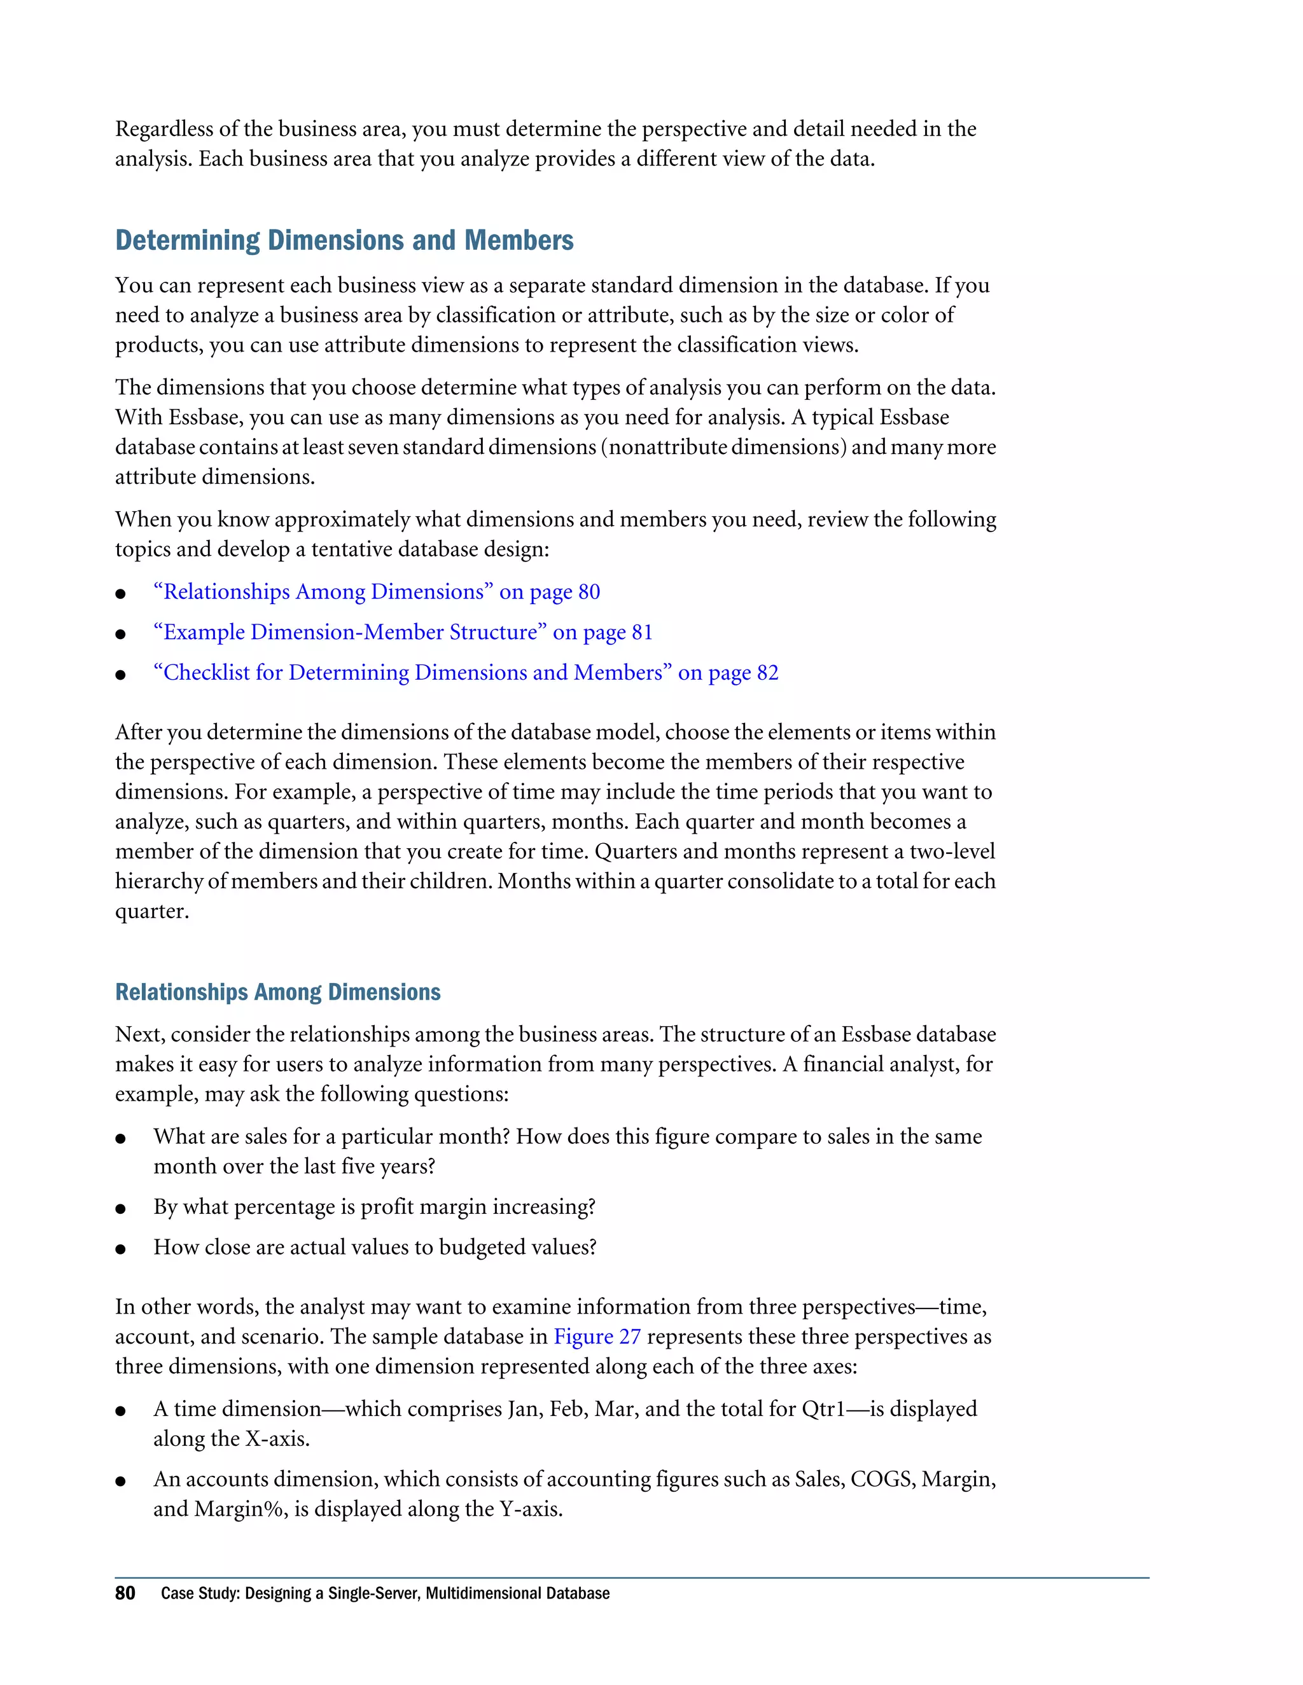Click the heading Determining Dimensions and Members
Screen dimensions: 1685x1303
coord(344,241)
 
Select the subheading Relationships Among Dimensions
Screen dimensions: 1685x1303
coord(278,992)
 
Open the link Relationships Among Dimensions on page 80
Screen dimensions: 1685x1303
coord(377,592)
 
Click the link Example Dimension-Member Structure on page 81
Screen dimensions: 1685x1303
coord(403,633)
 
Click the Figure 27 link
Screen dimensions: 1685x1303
coord(597,1337)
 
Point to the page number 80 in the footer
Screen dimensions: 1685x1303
coord(125,1593)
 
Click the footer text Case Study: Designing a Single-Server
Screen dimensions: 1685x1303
coord(385,1593)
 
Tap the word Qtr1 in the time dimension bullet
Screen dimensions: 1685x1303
coord(830,1409)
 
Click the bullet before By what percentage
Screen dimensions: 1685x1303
coord(120,1209)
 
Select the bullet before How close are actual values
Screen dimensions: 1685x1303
coord(120,1249)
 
